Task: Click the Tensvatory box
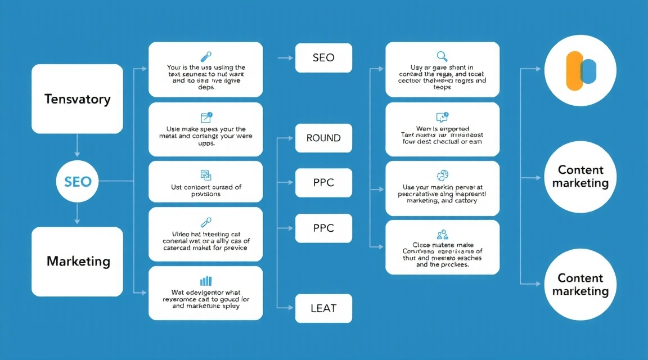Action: click(x=77, y=99)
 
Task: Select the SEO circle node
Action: click(x=77, y=182)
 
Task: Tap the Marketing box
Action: click(x=77, y=262)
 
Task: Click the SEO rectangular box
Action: click(x=323, y=58)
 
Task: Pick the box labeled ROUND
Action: click(x=323, y=138)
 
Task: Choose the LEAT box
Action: click(x=323, y=308)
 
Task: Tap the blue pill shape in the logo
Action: click(x=588, y=71)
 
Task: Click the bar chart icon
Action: click(x=206, y=280)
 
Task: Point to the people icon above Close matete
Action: click(x=442, y=233)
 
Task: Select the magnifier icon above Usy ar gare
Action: click(x=442, y=56)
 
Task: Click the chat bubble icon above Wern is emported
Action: click(x=442, y=117)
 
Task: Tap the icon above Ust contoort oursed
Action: click(x=206, y=175)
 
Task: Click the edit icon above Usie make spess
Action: click(x=206, y=117)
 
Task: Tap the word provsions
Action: click(x=205, y=194)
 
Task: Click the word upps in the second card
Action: click(x=205, y=143)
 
